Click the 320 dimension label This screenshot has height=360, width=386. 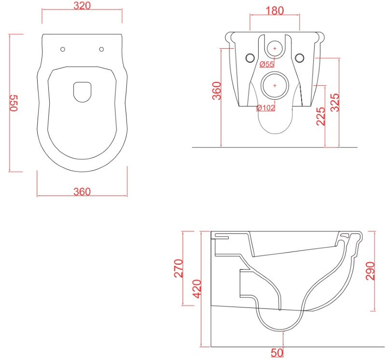pos(82,5)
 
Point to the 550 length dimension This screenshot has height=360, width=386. pos(14,103)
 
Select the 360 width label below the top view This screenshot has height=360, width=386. pos(82,191)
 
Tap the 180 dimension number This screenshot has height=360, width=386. pos(275,11)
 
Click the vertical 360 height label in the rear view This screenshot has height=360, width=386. pos(217,91)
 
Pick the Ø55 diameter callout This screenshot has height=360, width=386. pos(267,64)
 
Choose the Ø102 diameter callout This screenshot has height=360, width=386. pos(266,107)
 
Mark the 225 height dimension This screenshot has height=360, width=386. pos(320,116)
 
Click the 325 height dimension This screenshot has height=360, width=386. pos(334,103)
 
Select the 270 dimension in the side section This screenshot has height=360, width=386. pos(179,268)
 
